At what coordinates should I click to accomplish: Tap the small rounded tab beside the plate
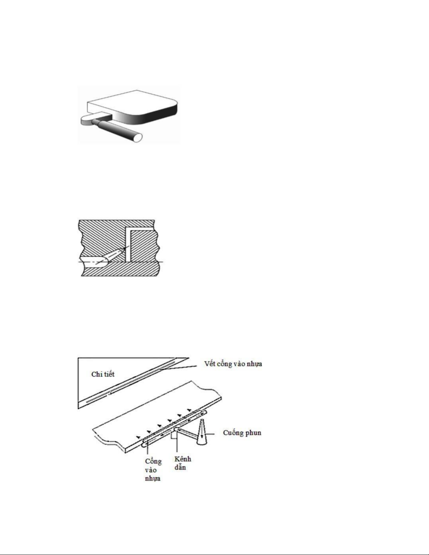88,120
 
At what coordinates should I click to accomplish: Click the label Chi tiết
103,374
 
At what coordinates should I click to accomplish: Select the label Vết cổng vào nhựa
233,364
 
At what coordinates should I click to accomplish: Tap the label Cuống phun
242,433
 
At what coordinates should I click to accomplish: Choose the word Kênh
183,459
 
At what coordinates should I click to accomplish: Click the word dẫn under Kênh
180,467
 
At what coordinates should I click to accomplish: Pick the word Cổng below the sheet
153,461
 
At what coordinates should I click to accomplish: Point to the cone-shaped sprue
202,432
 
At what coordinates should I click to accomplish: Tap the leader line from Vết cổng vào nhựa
178,367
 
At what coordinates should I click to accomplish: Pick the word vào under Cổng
151,470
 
